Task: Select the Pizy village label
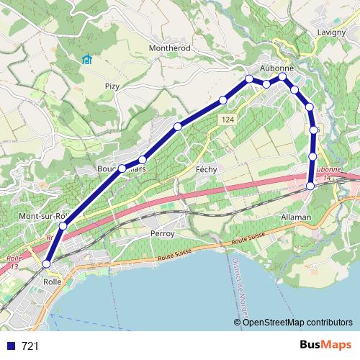pyautogui.click(x=112, y=86)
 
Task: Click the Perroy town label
pyautogui.click(x=162, y=234)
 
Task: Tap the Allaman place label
pyautogui.click(x=297, y=217)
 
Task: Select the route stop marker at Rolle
pyautogui.click(x=47, y=264)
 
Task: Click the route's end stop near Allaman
pyautogui.click(x=310, y=186)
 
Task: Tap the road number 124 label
pyautogui.click(x=228, y=119)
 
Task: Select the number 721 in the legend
pyautogui.click(x=30, y=346)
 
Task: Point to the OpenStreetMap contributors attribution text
pyautogui.click(x=297, y=323)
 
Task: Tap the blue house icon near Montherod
pyautogui.click(x=87, y=59)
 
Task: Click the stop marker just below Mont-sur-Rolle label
pyautogui.click(x=63, y=226)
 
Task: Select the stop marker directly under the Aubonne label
pyautogui.click(x=282, y=76)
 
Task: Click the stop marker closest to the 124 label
pyautogui.click(x=223, y=99)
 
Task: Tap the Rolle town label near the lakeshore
pyautogui.click(x=52, y=282)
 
